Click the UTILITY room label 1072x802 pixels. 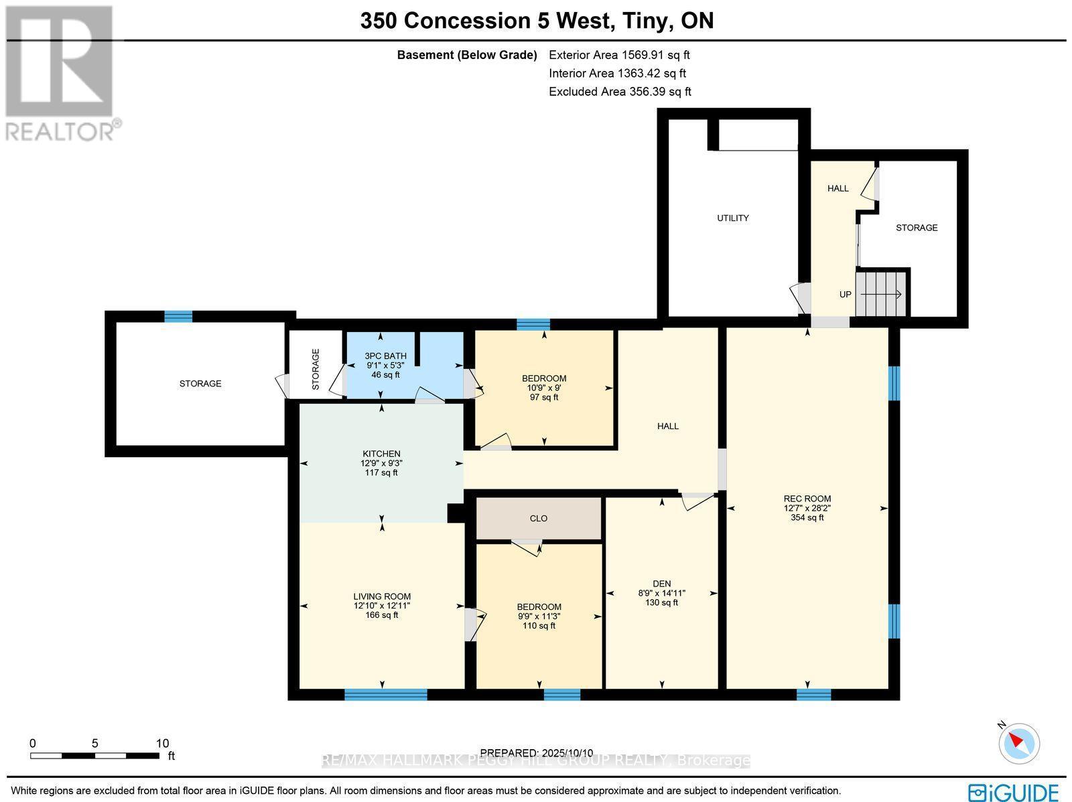tap(732, 218)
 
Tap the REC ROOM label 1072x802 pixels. tap(807, 498)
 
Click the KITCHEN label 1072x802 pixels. tap(381, 454)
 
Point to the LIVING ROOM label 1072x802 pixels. tap(382, 596)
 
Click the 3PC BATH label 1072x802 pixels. tap(385, 356)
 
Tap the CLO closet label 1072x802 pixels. tap(538, 518)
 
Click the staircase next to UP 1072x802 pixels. tap(882, 294)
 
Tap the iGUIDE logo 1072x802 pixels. tap(1014, 792)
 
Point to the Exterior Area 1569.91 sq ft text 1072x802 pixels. tap(618, 55)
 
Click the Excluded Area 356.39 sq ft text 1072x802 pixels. tap(619, 92)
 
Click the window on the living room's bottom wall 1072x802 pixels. tap(385, 694)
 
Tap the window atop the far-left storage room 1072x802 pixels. tap(178, 316)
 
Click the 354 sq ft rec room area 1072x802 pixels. tap(807, 517)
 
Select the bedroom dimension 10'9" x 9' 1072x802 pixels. tap(543, 388)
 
